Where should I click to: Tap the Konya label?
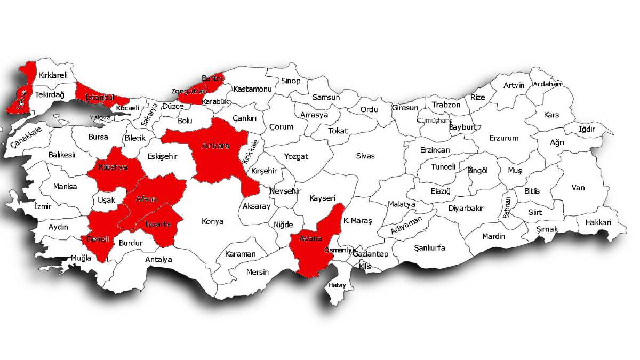click(212, 221)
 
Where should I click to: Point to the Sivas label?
click(366, 156)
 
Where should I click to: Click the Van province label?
click(578, 188)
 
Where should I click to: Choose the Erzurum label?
click(503, 138)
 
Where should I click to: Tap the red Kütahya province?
click(115, 170)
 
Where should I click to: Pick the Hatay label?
click(337, 285)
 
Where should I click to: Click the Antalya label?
click(158, 260)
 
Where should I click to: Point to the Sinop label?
click(291, 81)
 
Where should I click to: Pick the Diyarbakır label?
click(466, 208)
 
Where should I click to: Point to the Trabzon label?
click(446, 105)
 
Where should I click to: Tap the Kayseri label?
click(322, 198)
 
